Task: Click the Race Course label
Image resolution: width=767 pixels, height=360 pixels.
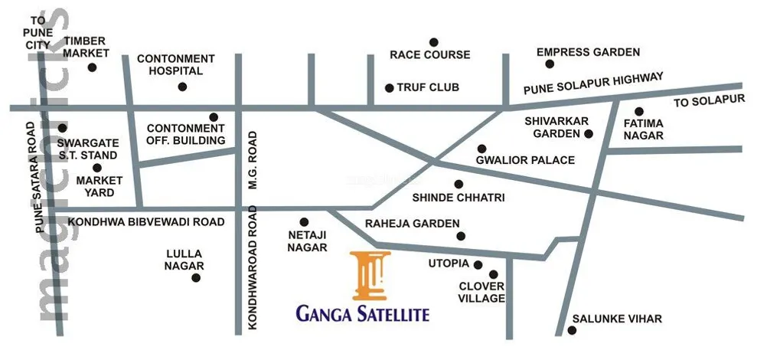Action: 429,55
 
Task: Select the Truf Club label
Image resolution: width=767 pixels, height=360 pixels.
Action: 428,87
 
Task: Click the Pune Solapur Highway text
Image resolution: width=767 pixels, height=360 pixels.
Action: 592,83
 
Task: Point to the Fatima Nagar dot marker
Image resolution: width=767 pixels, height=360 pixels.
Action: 639,111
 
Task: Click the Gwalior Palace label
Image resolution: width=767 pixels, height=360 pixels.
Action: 525,161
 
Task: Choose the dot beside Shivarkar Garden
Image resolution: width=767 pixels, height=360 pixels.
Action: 589,134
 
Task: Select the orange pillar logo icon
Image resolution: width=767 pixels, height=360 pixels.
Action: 371,274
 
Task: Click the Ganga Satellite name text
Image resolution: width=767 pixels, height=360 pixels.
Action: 363,313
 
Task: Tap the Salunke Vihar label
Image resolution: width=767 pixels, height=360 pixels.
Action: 617,319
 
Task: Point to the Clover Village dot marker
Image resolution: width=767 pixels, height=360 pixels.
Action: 493,273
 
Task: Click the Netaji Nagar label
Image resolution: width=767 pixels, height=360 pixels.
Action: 307,241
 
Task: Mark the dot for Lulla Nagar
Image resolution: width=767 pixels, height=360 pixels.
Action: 196,277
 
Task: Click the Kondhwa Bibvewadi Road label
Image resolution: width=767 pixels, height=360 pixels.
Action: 145,221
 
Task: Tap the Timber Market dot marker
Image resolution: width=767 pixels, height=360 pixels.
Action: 93,67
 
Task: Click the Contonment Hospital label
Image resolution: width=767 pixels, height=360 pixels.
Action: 175,64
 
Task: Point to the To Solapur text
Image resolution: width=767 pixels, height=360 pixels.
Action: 709,102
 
